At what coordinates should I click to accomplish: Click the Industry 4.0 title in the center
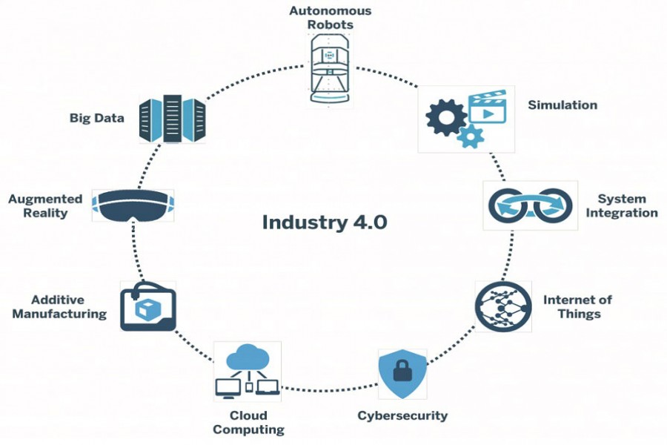324,222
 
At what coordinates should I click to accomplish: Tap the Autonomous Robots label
330,18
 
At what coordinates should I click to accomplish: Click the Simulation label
562,105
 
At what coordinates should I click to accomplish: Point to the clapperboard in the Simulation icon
488,107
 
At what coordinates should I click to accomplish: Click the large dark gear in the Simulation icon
447,116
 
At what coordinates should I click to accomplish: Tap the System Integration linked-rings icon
528,205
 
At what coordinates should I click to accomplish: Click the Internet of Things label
577,306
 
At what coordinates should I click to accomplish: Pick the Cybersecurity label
402,415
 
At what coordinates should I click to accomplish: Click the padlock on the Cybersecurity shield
402,370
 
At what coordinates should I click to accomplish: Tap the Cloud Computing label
248,422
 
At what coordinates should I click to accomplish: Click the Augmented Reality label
45,206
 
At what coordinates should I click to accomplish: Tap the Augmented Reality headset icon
133,205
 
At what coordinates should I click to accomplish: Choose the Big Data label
96,119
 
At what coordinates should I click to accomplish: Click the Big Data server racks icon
172,118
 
